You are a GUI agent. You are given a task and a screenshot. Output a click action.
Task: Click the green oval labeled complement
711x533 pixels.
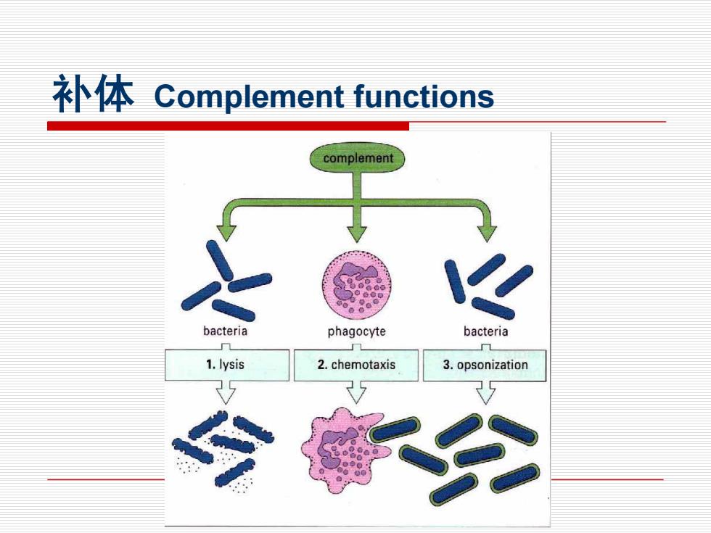click(357, 158)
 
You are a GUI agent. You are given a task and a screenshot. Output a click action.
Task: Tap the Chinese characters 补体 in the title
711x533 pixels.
click(94, 94)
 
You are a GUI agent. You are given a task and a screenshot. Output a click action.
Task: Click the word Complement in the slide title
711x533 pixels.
click(249, 96)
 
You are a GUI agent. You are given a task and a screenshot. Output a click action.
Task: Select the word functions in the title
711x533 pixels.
click(424, 96)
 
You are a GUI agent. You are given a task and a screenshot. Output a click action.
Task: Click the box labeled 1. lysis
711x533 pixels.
click(226, 365)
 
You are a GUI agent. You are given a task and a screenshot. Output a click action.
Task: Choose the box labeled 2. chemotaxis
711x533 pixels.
click(356, 365)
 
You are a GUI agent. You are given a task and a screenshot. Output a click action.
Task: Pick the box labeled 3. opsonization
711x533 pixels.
click(485, 365)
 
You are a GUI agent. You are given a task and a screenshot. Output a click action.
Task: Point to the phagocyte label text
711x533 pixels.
click(356, 331)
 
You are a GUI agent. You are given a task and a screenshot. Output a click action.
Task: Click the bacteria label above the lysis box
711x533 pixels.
click(225, 331)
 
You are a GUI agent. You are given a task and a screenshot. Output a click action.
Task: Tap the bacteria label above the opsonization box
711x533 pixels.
click(485, 331)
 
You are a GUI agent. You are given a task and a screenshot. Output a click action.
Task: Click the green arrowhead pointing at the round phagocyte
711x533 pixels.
click(357, 233)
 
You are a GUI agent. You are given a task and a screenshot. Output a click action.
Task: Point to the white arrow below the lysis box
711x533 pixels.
click(226, 392)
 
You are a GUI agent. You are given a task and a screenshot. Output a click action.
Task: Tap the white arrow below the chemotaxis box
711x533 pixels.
click(356, 392)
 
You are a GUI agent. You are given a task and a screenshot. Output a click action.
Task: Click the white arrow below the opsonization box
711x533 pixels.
click(485, 392)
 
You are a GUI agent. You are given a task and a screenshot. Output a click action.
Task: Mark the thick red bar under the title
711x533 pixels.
click(228, 126)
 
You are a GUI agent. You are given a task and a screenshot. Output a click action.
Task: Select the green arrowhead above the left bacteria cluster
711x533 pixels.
click(226, 232)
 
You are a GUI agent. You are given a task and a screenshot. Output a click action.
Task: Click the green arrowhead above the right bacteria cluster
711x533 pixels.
click(487, 233)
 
